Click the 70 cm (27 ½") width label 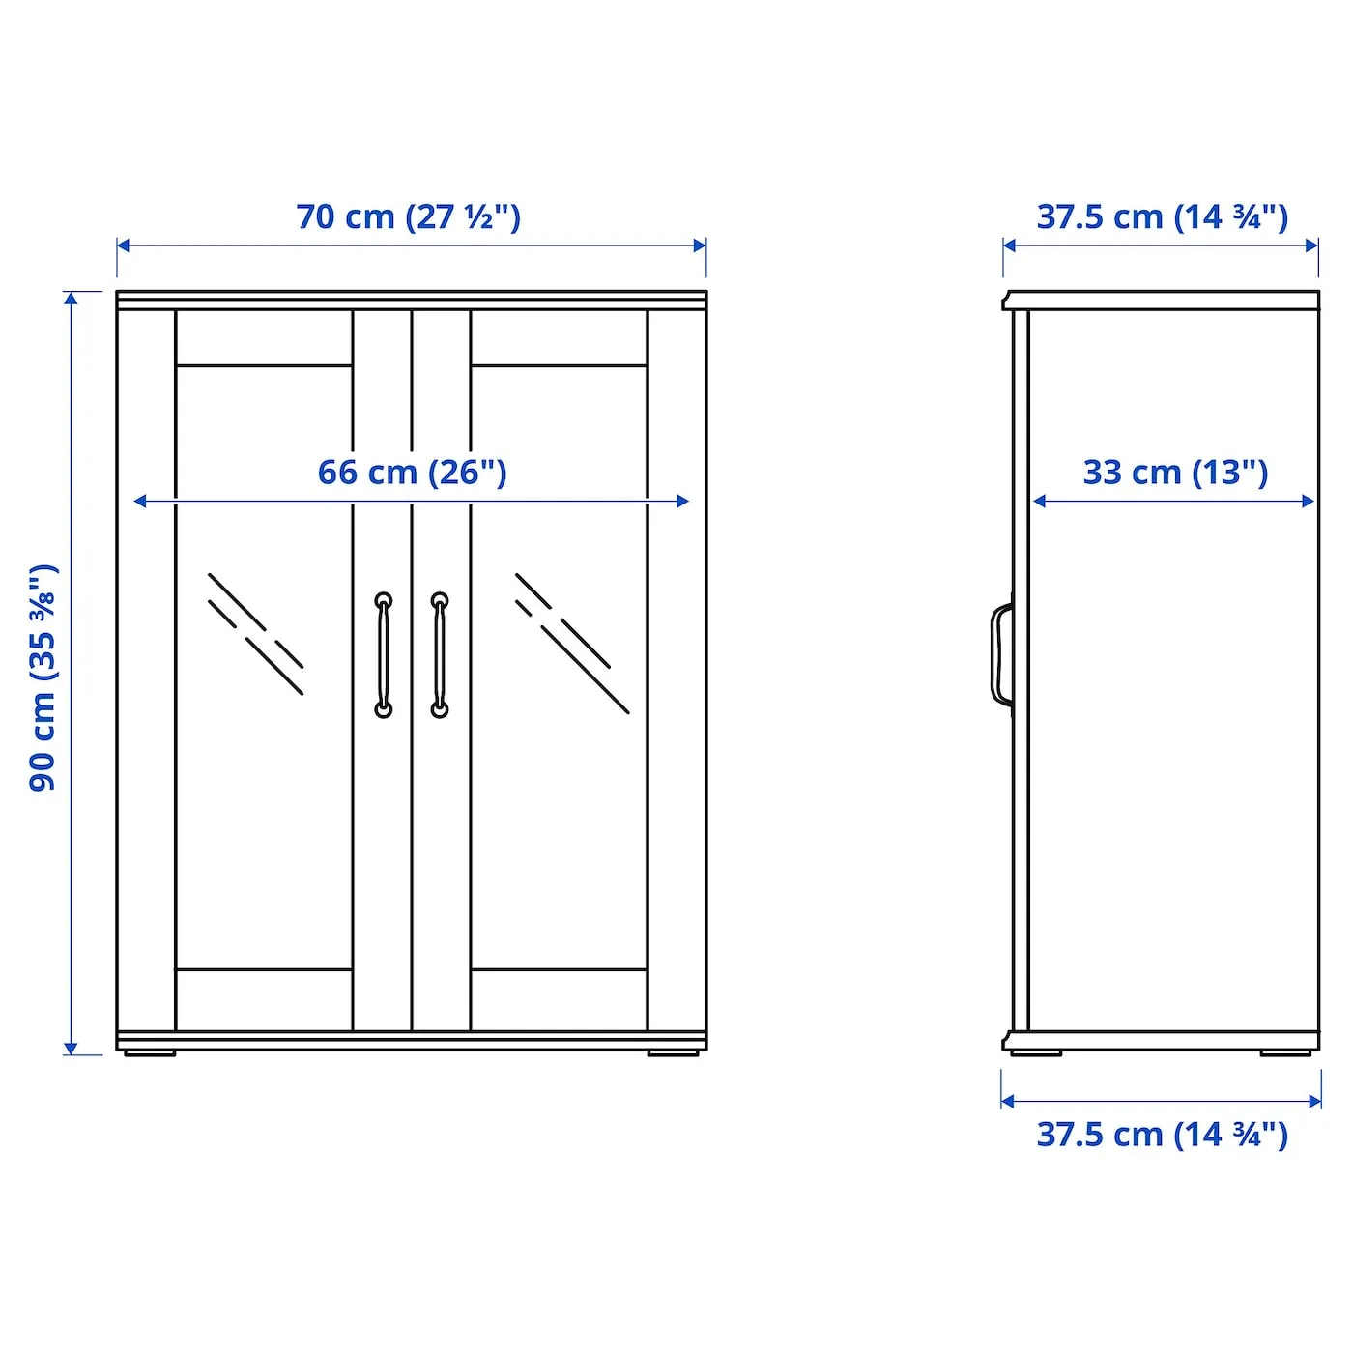click(409, 216)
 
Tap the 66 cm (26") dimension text click(412, 473)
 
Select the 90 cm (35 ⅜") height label click(43, 677)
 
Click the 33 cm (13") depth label click(1175, 473)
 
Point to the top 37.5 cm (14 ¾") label click(1163, 216)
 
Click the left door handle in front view click(384, 655)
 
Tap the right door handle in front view click(440, 655)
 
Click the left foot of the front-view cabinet click(150, 1053)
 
